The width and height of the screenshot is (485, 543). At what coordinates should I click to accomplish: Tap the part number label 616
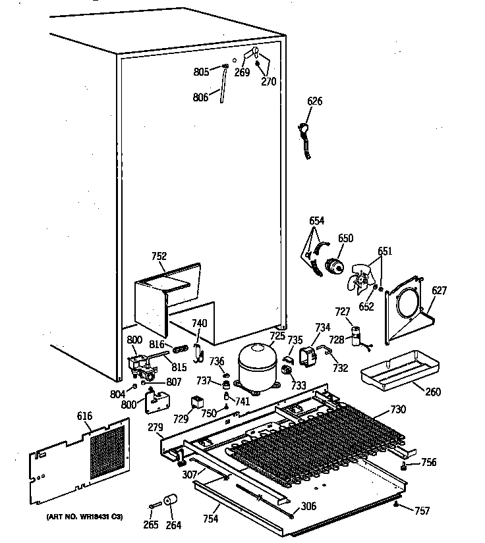tap(84, 417)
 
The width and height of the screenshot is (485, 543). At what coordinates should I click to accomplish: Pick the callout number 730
tap(399, 409)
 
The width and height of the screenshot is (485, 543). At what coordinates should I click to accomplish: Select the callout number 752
tap(159, 257)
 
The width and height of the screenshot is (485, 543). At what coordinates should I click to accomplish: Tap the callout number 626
tap(315, 101)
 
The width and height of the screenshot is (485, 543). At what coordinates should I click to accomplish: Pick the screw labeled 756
tap(402, 465)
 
